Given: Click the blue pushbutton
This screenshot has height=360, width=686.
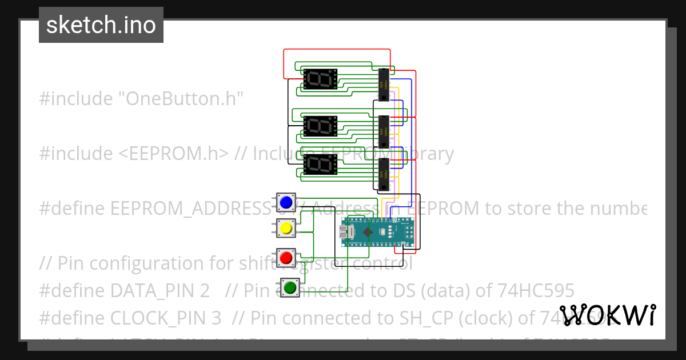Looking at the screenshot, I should [286, 202].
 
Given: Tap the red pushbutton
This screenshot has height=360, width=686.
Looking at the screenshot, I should [286, 257].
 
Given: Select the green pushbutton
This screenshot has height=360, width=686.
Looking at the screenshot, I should [290, 287].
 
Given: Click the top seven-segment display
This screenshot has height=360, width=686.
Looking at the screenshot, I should [320, 79].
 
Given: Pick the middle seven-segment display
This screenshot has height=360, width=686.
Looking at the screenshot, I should [320, 126].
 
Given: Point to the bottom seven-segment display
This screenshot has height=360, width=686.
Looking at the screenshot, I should [320, 165].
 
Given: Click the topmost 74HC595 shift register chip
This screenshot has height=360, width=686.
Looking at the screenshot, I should [384, 85].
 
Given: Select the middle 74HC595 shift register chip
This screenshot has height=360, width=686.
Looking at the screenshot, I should [384, 131].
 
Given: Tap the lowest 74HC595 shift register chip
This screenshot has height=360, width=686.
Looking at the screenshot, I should [384, 175].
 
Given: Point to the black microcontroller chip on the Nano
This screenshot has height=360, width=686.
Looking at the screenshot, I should [368, 232].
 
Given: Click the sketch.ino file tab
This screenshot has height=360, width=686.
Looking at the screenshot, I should [101, 25].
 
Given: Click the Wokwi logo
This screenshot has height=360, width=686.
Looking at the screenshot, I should [607, 315].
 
